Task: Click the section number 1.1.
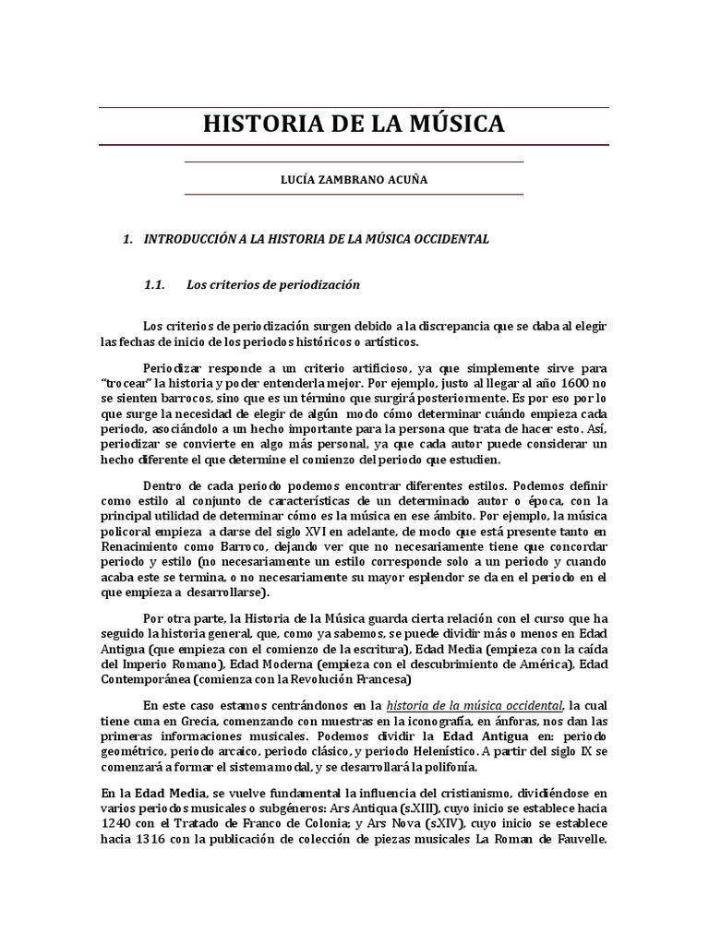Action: pyautogui.click(x=153, y=285)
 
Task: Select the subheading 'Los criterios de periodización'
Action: pyautogui.click(x=272, y=285)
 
